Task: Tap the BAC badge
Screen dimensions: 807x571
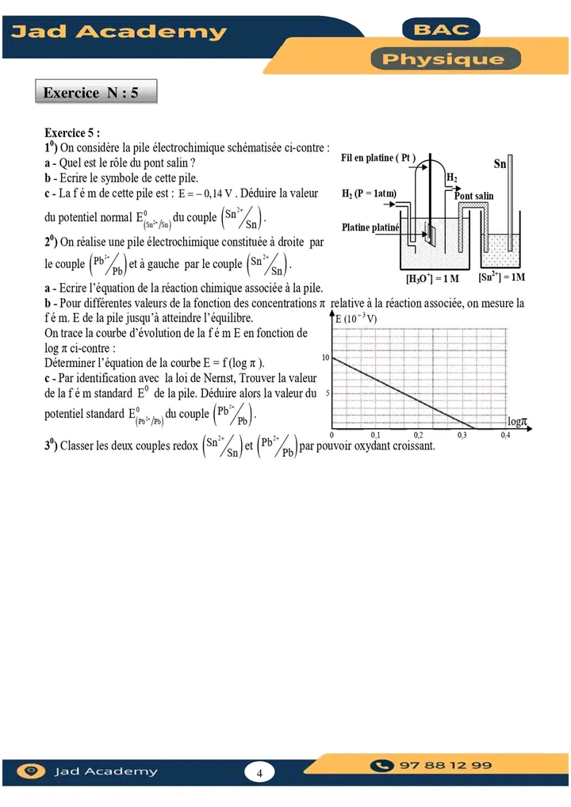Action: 443,30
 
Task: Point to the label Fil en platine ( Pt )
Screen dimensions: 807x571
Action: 378,158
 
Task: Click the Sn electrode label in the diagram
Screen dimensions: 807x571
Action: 500,164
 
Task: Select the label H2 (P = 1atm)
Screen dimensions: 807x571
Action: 369,193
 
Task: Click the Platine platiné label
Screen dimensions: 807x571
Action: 370,228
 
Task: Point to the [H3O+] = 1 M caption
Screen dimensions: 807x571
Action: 432,278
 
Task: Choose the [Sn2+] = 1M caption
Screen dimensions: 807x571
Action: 502,277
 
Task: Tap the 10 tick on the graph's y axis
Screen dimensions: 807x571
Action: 325,358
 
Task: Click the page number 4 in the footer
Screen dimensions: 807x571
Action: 259,772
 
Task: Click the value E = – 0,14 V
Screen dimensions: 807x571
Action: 205,193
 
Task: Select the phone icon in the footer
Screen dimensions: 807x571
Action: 384,766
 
